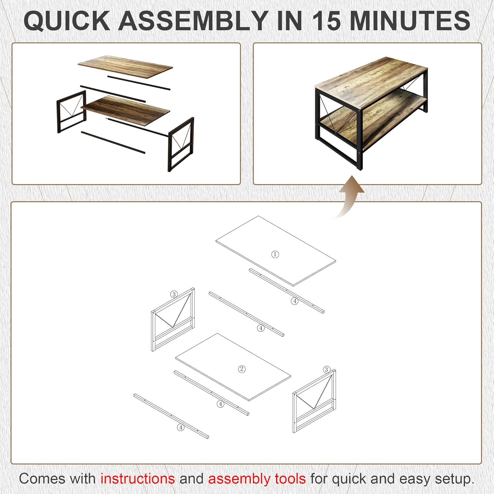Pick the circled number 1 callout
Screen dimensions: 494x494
(275, 254)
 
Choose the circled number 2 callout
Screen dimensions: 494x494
(242, 369)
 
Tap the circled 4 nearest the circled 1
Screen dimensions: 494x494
(295, 301)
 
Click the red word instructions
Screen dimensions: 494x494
(137, 479)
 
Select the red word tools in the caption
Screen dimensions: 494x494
(290, 479)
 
